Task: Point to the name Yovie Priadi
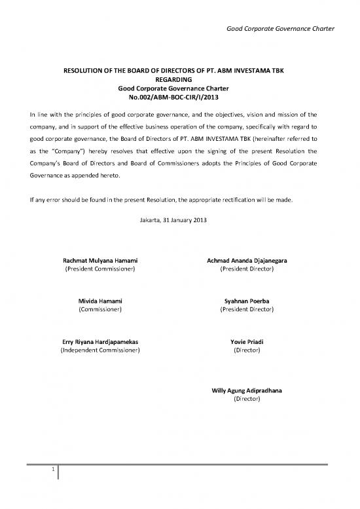tap(247, 342)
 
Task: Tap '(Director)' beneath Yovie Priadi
tap(247, 350)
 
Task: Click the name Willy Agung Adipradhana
tap(247, 390)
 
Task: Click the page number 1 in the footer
tap(52, 470)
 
